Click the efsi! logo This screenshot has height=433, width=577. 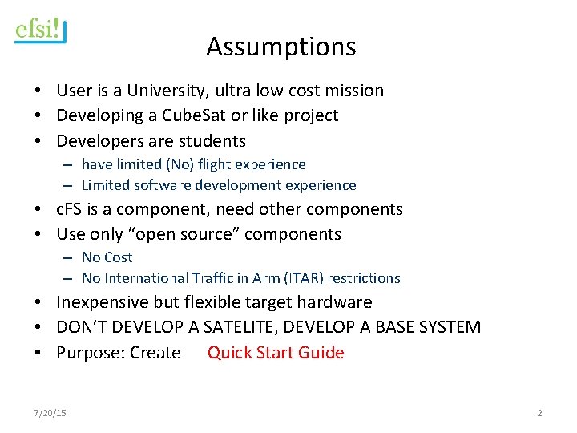(x=40, y=31)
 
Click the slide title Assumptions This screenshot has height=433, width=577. (x=280, y=47)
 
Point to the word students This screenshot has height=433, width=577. (x=214, y=141)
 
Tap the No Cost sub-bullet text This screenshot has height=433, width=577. (x=107, y=257)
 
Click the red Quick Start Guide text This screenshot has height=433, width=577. (x=276, y=353)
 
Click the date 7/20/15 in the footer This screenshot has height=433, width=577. (x=50, y=413)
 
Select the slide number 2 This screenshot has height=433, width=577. (x=539, y=413)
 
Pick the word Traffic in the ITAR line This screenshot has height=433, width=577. (x=215, y=278)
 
